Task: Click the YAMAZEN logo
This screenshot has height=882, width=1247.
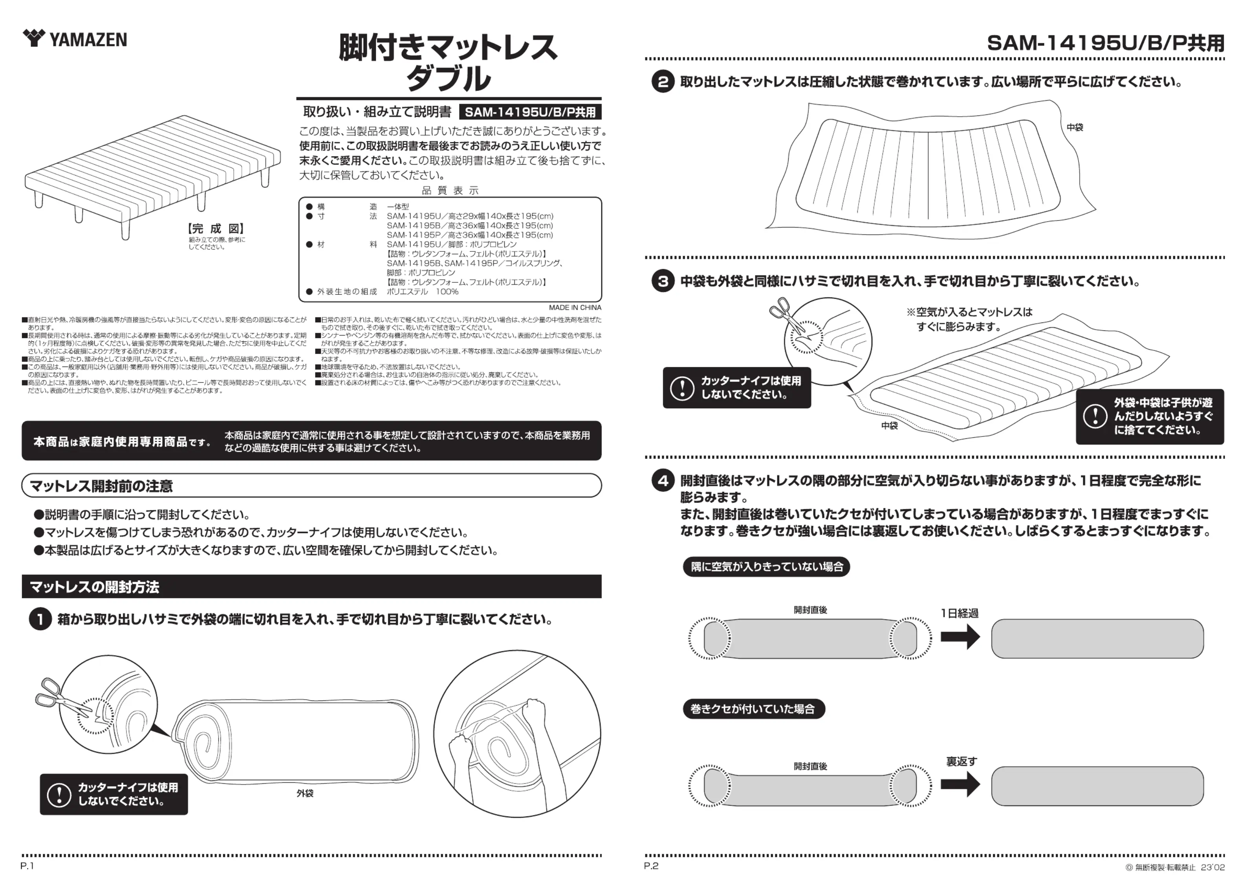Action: click(75, 39)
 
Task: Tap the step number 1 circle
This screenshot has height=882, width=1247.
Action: click(40, 620)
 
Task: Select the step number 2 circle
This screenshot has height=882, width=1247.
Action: click(663, 82)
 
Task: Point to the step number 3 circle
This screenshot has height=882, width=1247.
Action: click(663, 282)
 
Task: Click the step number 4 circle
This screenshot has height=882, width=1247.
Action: click(663, 481)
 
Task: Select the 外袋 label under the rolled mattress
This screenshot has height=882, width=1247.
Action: click(305, 794)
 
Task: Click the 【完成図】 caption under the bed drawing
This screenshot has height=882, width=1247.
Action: click(216, 229)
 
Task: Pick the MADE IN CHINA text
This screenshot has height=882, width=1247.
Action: click(575, 308)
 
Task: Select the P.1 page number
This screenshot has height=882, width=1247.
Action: click(27, 866)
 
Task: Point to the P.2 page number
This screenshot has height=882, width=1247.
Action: click(651, 866)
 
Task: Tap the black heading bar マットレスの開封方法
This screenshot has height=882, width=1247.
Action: click(311, 587)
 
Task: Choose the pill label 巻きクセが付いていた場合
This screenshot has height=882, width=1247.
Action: click(753, 709)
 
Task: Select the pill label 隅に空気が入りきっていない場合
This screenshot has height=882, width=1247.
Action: click(766, 567)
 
